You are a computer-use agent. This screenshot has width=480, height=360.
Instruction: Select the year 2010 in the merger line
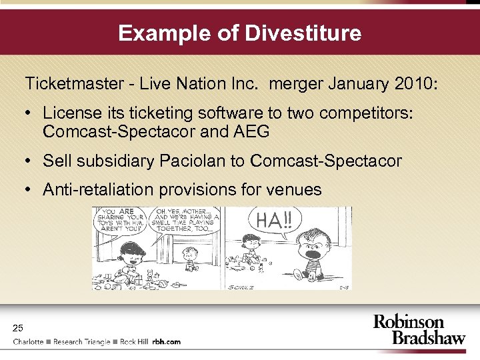tap(413, 85)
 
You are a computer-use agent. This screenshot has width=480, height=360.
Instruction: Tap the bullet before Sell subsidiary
tap(31, 161)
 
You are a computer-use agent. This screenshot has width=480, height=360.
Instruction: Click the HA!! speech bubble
tap(274, 219)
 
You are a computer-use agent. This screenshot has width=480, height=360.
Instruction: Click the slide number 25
tap(18, 327)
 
